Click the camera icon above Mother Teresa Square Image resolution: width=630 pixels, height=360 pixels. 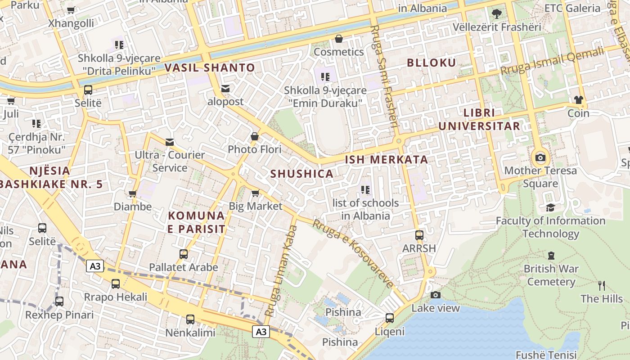540,158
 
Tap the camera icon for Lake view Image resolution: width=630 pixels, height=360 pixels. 435,295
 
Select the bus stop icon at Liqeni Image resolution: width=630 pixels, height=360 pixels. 390,318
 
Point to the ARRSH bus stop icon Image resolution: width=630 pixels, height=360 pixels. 419,235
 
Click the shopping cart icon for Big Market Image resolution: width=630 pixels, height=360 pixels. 255,193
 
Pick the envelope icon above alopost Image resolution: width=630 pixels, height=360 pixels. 225,89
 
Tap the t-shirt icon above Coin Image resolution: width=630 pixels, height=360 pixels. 578,99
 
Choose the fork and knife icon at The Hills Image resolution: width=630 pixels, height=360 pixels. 602,285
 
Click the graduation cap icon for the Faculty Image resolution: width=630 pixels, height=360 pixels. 550,207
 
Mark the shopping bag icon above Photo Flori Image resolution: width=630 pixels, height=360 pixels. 255,136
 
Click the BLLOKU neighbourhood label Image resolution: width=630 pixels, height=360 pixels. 432,63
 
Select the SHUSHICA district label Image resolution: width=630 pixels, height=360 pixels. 302,174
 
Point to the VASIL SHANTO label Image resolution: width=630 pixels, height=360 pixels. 210,68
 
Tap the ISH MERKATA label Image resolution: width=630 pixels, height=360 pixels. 386,159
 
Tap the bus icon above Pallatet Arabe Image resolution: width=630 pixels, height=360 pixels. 184,254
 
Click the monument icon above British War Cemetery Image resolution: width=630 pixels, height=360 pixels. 551,256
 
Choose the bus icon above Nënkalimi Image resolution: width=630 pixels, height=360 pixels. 190,319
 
